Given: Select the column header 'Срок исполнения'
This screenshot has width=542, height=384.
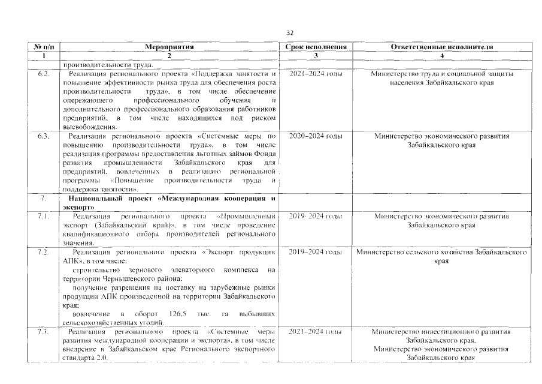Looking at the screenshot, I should pos(316,46).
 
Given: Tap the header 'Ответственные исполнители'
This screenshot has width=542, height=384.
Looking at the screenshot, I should pos(442,46).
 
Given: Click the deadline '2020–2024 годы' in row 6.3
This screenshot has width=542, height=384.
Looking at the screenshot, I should pos(316,136).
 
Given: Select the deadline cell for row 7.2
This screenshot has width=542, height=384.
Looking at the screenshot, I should pos(316,252).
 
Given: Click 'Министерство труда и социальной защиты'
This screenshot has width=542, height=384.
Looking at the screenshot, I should pos(442,73).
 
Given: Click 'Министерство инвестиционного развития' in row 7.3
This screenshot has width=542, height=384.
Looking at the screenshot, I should pos(442,331).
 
